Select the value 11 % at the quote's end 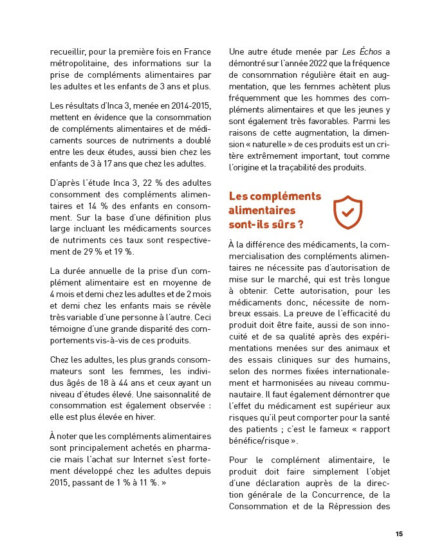(143, 482)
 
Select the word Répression (353, 506)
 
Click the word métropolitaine (78, 63)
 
